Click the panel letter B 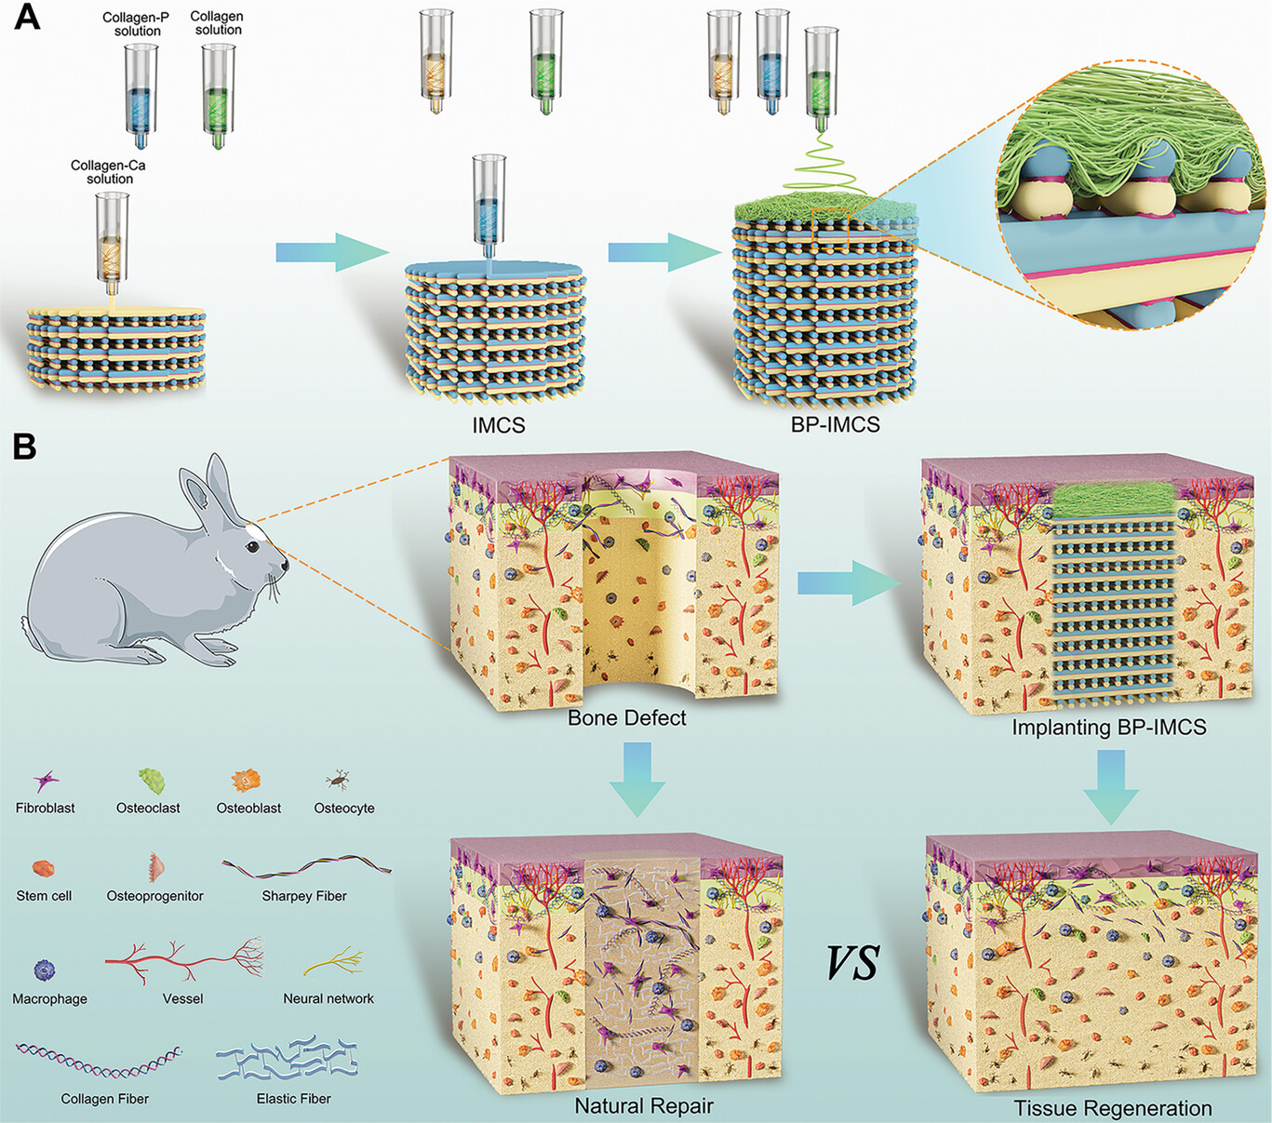pos(24,447)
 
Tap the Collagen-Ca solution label pos(108,172)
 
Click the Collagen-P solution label pos(136,24)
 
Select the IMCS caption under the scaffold pos(499,425)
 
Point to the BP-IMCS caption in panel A pos(835,424)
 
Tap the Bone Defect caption pos(626,717)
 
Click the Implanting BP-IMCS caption pos(1109,727)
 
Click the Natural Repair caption pos(644,1105)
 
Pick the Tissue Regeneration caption pos(1113,1108)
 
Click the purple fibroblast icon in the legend pos(46,782)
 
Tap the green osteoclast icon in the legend pos(152,781)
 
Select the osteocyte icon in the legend pos(339,780)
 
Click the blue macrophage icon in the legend pos(45,969)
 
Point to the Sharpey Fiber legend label pos(304,896)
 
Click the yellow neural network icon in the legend pos(333,961)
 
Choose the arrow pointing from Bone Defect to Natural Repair pos(637,780)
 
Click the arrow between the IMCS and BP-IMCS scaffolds pos(664,252)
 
